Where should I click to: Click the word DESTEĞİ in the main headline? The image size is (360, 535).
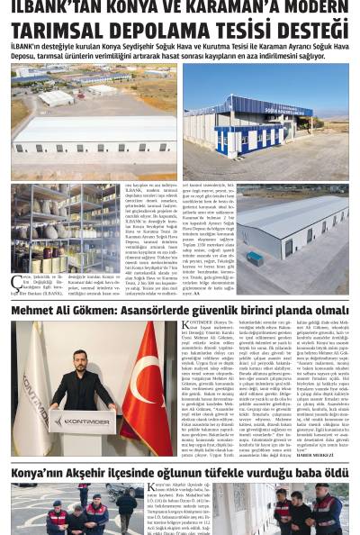pos(305,30)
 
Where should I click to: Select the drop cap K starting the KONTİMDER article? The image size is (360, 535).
pos(186,328)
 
